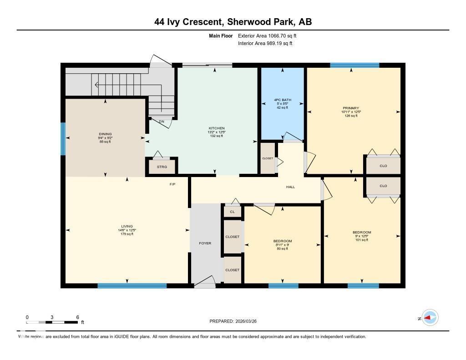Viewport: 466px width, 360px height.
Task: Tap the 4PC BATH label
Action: click(x=283, y=100)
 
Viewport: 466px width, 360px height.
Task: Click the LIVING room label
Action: click(x=127, y=226)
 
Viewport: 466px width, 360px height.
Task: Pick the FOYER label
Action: click(x=205, y=243)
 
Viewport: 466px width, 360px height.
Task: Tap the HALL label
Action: click(x=290, y=187)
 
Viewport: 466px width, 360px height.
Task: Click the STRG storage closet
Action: click(x=162, y=167)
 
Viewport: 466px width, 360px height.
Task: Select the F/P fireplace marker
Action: click(x=172, y=184)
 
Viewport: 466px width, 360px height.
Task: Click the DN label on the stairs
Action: click(x=161, y=122)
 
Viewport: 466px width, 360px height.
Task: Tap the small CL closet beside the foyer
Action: click(x=233, y=212)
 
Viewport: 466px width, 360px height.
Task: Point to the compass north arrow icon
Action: click(x=430, y=318)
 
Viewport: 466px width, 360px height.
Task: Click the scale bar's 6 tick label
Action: click(x=78, y=317)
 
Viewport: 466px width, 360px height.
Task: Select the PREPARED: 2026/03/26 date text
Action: click(x=236, y=321)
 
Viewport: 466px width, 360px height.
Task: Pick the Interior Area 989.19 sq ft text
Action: click(x=265, y=44)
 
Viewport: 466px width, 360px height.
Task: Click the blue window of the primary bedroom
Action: click(x=355, y=65)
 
